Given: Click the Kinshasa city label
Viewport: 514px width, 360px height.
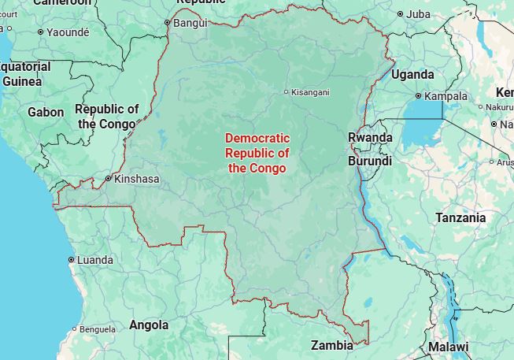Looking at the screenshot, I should coord(136,179).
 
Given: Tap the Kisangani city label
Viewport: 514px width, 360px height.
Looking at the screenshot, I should coord(310,92).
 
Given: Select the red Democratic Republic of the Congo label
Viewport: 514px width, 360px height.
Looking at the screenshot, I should coord(257,153).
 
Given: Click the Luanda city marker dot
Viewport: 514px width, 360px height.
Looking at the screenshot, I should coord(72,259).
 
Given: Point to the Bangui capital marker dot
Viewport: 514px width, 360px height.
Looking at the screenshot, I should coord(167,22).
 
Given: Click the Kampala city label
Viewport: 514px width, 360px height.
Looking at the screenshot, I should coord(446,96).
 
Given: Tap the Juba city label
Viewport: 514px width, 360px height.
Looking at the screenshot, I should coord(418,13).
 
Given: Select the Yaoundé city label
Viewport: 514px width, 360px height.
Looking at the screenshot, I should coord(68,32).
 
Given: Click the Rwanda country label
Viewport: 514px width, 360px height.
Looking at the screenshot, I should coord(370,137).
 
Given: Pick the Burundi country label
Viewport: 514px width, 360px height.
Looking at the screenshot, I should coord(369,161).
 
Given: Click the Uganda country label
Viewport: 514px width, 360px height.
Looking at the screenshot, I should coord(412,74).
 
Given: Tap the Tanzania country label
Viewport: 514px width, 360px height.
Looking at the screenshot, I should coord(460,217).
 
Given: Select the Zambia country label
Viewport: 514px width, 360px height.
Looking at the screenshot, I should coord(331,345).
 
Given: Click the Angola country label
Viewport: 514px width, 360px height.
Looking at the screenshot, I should coord(149,325).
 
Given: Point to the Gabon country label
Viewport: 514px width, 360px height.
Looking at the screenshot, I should coord(46,112).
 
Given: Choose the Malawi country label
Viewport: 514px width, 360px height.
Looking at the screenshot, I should coord(448,347).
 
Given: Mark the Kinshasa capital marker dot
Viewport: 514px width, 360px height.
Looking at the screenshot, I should coord(109,179).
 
